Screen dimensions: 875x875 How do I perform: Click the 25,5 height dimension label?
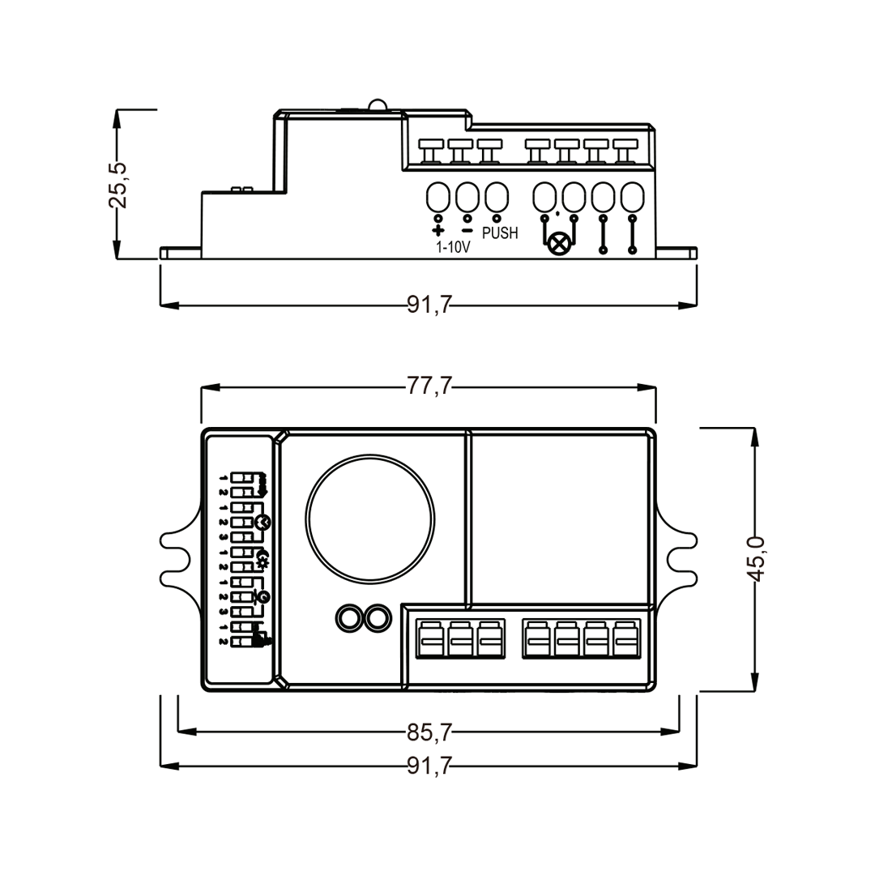click(x=118, y=184)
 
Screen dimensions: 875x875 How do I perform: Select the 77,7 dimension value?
click(x=429, y=387)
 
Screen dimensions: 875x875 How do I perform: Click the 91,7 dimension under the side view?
click(x=429, y=305)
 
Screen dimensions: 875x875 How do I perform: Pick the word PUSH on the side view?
click(x=500, y=233)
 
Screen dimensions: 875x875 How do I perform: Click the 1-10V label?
click(x=453, y=248)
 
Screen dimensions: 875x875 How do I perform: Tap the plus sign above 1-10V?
click(x=438, y=230)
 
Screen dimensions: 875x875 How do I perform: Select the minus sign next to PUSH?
click(x=467, y=230)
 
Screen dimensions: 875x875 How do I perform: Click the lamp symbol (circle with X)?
click(x=559, y=244)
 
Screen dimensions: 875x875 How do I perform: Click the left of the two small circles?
click(x=349, y=618)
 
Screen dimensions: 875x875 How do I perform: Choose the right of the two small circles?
click(x=377, y=618)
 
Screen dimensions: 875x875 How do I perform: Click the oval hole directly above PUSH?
click(x=496, y=197)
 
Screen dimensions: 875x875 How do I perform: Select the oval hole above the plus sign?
click(x=438, y=197)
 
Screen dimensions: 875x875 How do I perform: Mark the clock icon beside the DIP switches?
click(x=261, y=521)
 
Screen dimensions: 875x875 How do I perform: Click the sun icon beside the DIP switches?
click(x=262, y=559)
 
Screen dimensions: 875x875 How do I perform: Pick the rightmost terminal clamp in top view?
click(x=625, y=638)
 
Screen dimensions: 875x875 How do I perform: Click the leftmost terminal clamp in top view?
click(x=430, y=638)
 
